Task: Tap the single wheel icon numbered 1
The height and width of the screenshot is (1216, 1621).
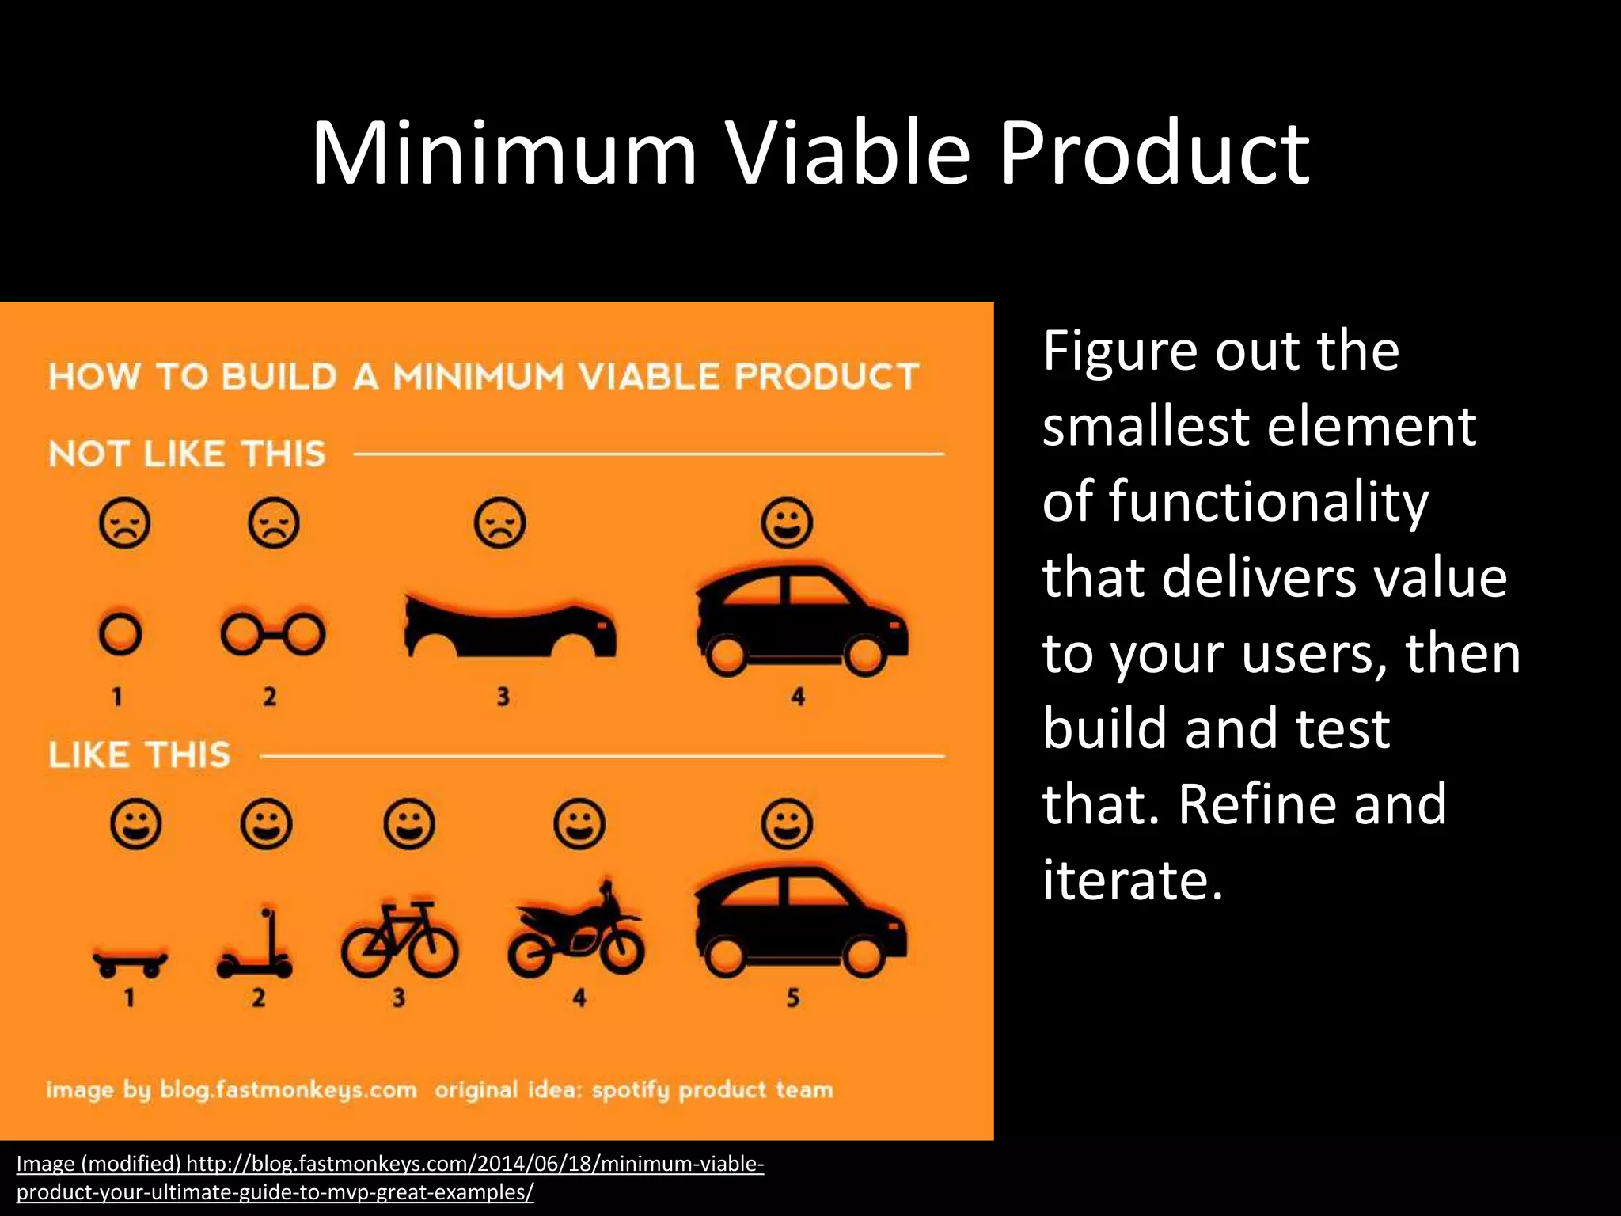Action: coord(120,633)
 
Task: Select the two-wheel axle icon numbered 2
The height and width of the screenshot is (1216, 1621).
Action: coord(272,634)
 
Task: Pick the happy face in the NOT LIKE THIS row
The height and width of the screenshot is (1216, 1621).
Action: coord(786,522)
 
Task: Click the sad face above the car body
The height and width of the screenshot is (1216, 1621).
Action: coord(499,522)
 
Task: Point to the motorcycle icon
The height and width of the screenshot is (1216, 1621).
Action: coord(576,934)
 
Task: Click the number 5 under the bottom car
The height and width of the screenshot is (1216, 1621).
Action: coord(792,998)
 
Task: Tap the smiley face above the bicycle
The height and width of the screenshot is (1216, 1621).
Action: coord(408,824)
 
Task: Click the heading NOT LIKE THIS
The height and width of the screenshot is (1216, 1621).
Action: coord(187,454)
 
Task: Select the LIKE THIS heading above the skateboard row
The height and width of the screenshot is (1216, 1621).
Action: coord(139,754)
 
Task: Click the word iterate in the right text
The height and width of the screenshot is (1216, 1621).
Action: coord(1132,880)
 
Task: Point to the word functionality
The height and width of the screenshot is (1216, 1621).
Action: coord(1268,502)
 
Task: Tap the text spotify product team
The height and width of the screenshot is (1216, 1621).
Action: coord(712,1090)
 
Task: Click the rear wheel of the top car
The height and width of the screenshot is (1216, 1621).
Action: coord(726,655)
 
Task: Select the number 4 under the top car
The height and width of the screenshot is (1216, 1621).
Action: coord(798,697)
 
